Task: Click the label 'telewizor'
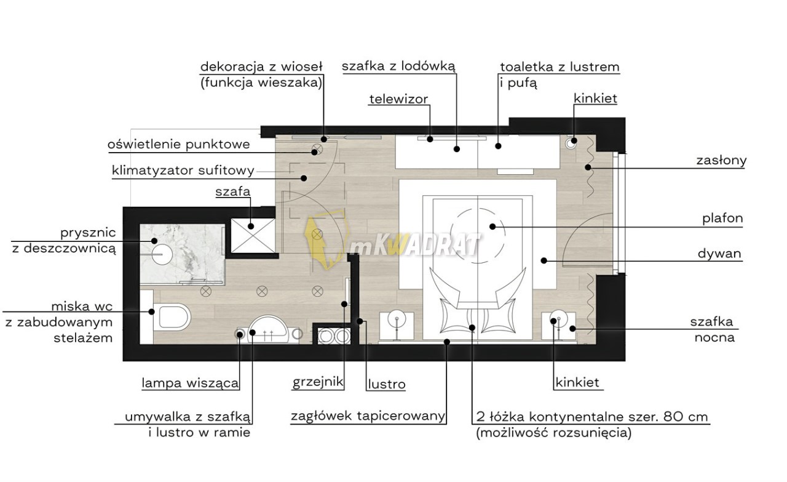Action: tap(398, 99)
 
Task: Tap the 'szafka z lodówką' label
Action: tap(398, 66)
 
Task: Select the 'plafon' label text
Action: tap(722, 219)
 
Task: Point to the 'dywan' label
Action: tap(719, 254)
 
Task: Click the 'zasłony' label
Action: tap(721, 161)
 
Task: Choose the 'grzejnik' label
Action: tap(317, 383)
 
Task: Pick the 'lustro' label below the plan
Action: tap(387, 385)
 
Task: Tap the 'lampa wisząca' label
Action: tap(190, 383)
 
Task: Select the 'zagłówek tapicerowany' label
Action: tap(368, 416)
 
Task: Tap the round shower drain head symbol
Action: tap(163, 253)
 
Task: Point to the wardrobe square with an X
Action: tap(252, 235)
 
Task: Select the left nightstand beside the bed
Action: tap(397, 326)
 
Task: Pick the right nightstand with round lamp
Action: tap(558, 326)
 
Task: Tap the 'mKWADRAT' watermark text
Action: tap(415, 246)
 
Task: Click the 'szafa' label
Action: tap(232, 192)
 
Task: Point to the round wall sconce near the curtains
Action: tap(571, 141)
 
